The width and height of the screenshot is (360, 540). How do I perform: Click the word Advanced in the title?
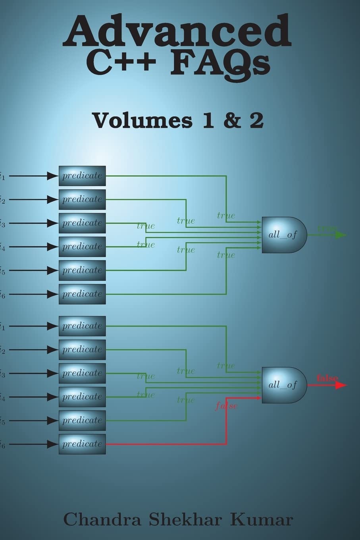(x=177, y=31)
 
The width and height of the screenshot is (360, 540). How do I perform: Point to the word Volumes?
(x=142, y=120)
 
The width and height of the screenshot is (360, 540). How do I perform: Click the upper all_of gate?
(x=284, y=235)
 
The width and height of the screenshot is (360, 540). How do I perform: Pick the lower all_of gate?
(x=284, y=385)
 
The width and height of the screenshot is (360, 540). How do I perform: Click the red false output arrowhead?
(x=341, y=385)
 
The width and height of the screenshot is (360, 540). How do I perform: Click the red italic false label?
(x=226, y=406)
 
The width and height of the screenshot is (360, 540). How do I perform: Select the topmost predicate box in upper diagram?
(x=82, y=176)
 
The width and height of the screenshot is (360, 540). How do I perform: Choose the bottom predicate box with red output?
(x=82, y=444)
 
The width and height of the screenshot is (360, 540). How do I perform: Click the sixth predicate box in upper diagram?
(x=82, y=294)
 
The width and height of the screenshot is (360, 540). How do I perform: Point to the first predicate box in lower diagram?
(x=82, y=326)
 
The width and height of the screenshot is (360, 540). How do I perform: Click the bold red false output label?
(x=327, y=378)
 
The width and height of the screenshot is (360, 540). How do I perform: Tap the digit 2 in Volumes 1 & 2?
(x=256, y=120)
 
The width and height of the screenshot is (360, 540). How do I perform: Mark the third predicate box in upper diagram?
(x=82, y=223)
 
